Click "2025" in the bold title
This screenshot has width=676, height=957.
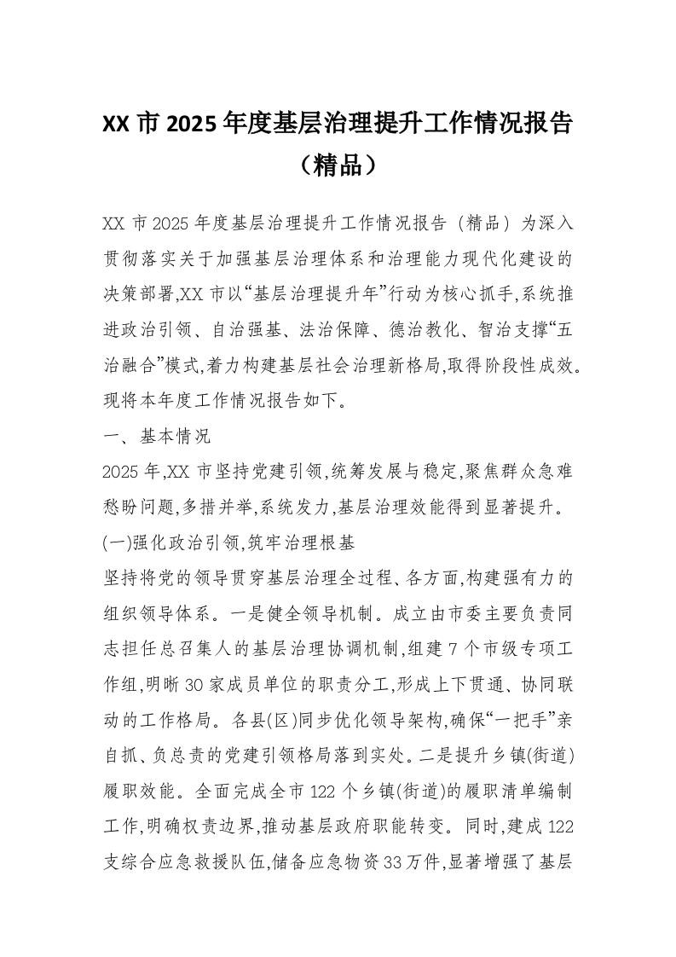click(x=191, y=124)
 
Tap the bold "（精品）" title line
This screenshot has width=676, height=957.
click(x=338, y=164)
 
